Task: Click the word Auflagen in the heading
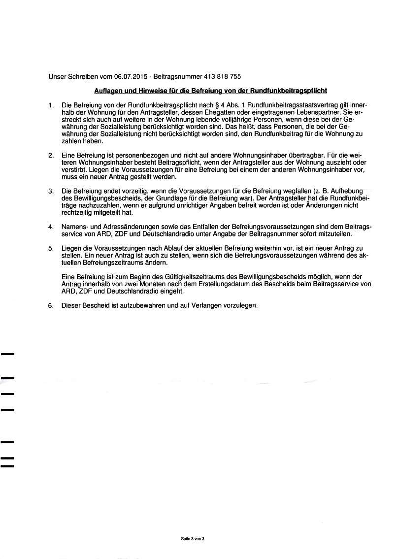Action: point(109,91)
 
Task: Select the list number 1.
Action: point(51,105)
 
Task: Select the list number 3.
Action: point(51,191)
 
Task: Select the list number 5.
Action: point(51,248)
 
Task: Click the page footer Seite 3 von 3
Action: point(193,539)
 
